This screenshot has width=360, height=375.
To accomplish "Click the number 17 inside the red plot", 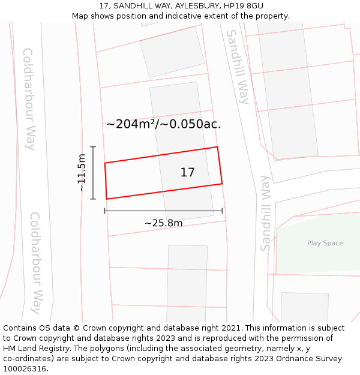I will tap(187, 173).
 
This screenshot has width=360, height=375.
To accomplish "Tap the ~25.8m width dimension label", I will tap(163, 223).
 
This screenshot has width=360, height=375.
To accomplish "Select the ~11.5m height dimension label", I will tap(82, 173).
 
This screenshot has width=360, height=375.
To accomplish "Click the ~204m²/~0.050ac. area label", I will tap(163, 124).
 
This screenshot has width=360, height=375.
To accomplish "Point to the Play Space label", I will tap(325, 243).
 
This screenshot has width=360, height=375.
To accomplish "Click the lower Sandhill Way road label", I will tap(265, 213).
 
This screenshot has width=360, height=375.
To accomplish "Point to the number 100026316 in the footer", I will tap(25, 369).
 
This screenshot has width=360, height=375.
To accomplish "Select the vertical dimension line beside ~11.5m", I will tap(93, 173).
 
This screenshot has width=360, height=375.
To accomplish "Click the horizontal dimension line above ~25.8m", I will tap(163, 211).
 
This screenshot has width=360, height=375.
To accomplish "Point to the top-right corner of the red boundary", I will tap(217, 147).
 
